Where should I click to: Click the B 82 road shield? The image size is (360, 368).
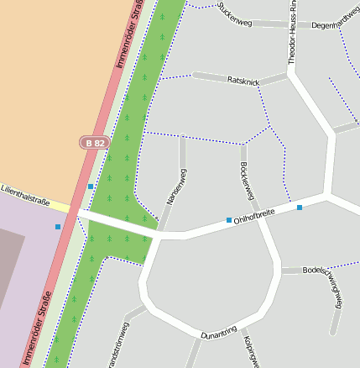[x=95, y=143]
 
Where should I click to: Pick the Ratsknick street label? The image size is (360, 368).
[x=244, y=80]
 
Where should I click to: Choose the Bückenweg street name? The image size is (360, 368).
[x=247, y=180]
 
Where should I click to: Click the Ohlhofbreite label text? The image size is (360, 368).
[x=254, y=217]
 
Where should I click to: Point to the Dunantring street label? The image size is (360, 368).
[x=219, y=332]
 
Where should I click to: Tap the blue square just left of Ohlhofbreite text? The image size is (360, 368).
[x=229, y=220]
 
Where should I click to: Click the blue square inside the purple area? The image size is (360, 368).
[x=58, y=227]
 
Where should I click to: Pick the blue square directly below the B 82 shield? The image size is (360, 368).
[x=91, y=187]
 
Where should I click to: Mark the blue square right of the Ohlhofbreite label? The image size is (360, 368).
[x=300, y=207]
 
